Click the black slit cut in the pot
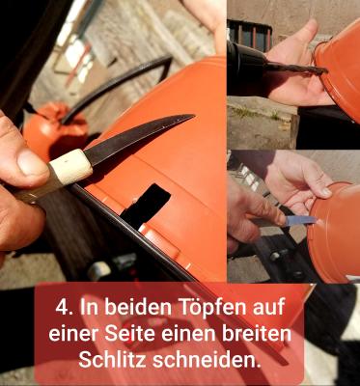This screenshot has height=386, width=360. tap(145, 206)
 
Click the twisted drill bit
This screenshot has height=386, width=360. tap(294, 69)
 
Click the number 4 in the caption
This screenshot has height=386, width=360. tap(63, 312)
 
